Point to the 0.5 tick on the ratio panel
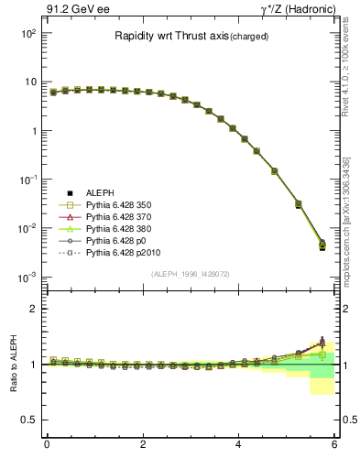tap(28, 420)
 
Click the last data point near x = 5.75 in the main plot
tap(322, 245)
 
